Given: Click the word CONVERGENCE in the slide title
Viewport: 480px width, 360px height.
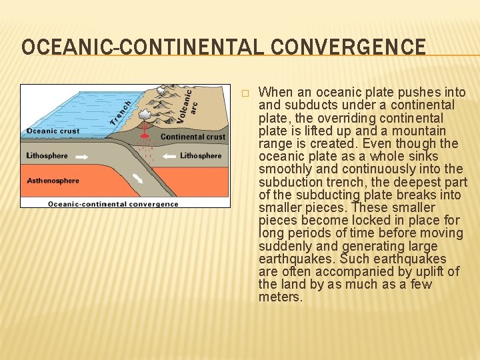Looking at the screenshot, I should (x=361, y=47).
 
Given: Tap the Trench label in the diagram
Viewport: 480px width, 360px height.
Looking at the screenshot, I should (x=121, y=109).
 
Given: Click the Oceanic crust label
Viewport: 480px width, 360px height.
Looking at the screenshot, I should (x=53, y=131).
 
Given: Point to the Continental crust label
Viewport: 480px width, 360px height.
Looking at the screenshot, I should (x=193, y=137).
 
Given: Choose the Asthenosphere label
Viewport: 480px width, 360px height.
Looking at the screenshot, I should (x=53, y=180).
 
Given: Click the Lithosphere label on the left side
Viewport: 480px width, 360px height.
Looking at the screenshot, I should (x=47, y=156).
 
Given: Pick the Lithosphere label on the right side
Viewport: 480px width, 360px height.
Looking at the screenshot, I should (x=201, y=156).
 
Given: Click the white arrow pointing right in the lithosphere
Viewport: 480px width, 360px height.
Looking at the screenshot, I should (x=84, y=157).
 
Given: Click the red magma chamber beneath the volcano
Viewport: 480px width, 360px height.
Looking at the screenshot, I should (x=144, y=137).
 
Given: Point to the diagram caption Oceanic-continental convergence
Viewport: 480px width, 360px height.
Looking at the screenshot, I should (x=113, y=203).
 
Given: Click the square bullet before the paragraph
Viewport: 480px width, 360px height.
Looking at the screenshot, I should (x=245, y=92).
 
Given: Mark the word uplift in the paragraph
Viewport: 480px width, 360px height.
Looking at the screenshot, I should (x=425, y=271).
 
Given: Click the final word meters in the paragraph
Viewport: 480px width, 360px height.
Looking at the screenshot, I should (x=280, y=297).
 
